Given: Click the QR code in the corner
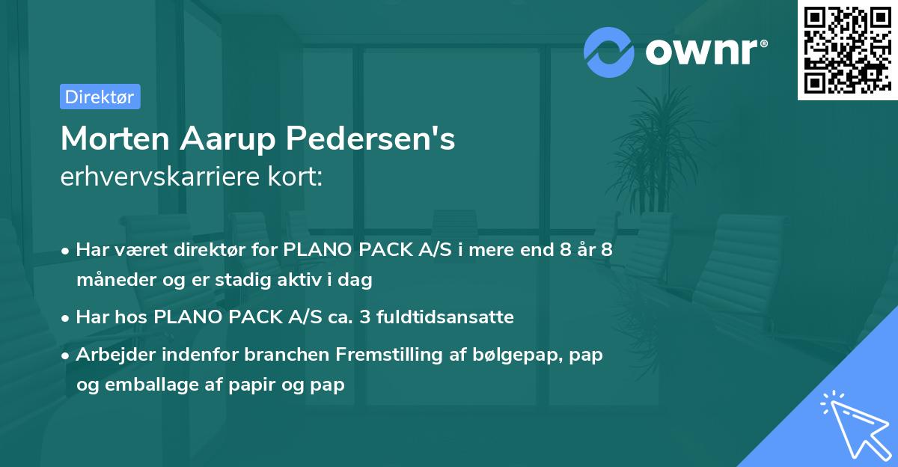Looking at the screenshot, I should [846, 50].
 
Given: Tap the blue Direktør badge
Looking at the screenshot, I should [100, 97].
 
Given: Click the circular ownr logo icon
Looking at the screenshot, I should [610, 52].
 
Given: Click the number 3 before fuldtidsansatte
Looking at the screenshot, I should [364, 317].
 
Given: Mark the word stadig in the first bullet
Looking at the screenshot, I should [242, 280].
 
